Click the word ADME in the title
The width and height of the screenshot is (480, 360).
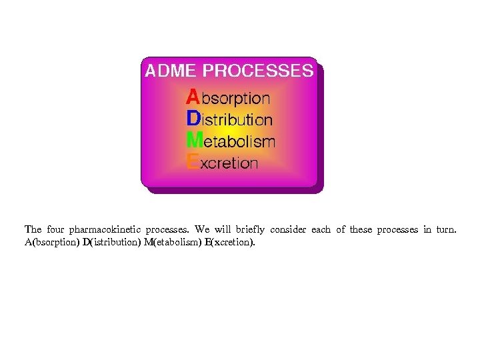(171, 71)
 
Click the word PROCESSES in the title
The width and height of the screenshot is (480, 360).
(258, 71)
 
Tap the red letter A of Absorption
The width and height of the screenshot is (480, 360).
(192, 97)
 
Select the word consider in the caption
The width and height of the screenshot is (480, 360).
(288, 230)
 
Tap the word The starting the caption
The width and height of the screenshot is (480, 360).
(33, 230)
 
